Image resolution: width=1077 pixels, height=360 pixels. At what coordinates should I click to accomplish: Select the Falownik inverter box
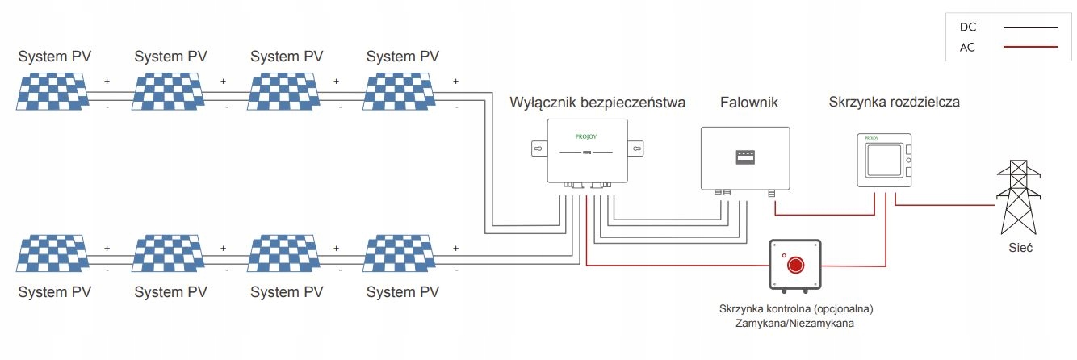(744, 158)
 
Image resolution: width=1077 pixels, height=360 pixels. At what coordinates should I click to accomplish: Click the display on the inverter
(744, 157)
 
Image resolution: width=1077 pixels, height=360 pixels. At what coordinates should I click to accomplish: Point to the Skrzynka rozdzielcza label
(894, 103)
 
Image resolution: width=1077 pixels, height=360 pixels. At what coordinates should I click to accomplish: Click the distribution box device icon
(884, 161)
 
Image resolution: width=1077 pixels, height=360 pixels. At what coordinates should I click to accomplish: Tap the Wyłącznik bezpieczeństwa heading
(597, 103)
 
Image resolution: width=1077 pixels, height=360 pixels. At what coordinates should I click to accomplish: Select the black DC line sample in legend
(1029, 27)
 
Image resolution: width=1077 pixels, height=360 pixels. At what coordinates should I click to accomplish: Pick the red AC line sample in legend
(1029, 47)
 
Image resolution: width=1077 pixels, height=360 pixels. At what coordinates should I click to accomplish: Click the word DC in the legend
(968, 27)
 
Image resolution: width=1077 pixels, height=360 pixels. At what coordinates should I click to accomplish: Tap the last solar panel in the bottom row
(401, 254)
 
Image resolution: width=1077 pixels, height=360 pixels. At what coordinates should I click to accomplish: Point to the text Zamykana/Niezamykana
(795, 323)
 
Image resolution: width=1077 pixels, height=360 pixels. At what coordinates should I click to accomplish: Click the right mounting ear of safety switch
(636, 149)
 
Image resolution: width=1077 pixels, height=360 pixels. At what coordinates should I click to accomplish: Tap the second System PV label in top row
(170, 57)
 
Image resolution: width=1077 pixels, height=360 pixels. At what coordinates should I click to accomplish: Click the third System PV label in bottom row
(287, 291)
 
